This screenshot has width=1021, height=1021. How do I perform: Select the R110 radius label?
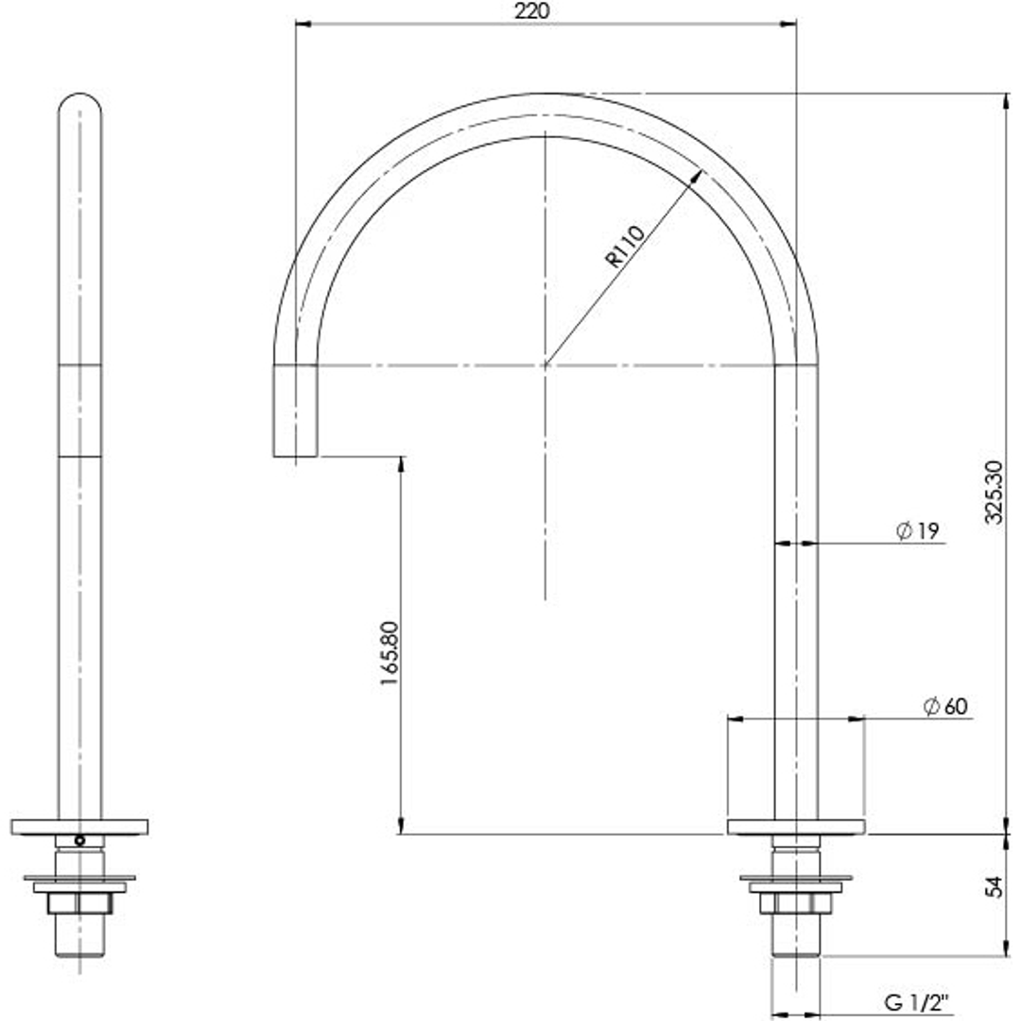625,247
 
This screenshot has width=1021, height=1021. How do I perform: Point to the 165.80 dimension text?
389,653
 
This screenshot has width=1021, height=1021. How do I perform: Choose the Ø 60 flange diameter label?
945,706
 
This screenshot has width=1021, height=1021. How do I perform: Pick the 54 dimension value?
993,888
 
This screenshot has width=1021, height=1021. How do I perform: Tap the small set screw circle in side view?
79,839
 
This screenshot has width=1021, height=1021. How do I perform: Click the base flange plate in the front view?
796,825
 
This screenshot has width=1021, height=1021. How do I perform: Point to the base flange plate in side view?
79,825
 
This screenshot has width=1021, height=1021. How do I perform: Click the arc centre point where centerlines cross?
545,364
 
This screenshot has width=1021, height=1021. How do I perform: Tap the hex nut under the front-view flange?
796,903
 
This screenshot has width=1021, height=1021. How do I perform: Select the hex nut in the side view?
79,903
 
